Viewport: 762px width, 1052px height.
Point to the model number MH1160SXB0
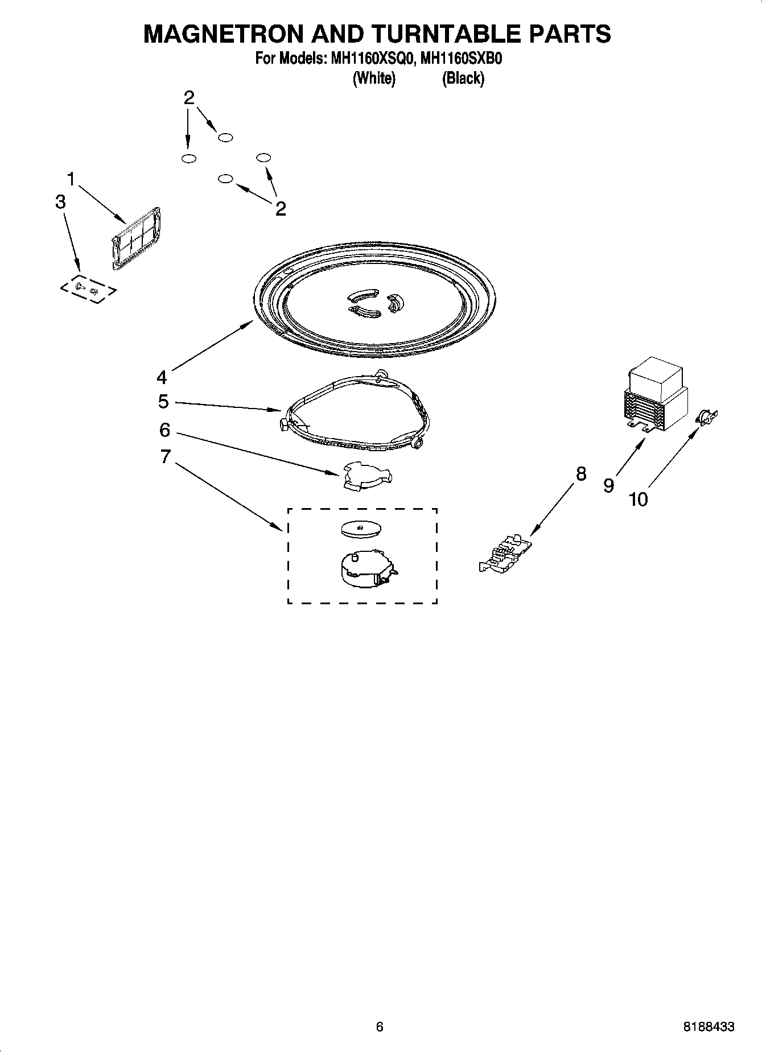[x=460, y=59]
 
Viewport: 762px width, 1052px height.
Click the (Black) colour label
[x=463, y=78]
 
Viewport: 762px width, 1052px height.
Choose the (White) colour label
[x=374, y=78]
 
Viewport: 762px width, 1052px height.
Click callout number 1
[x=71, y=180]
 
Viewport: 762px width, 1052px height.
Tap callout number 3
[x=61, y=202]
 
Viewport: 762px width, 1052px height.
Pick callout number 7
[x=165, y=456]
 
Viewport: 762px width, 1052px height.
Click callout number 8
[x=580, y=473]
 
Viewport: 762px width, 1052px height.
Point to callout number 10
[x=638, y=500]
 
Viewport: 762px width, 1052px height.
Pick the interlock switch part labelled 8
[x=506, y=554]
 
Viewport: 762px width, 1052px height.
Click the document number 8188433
[x=709, y=1026]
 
